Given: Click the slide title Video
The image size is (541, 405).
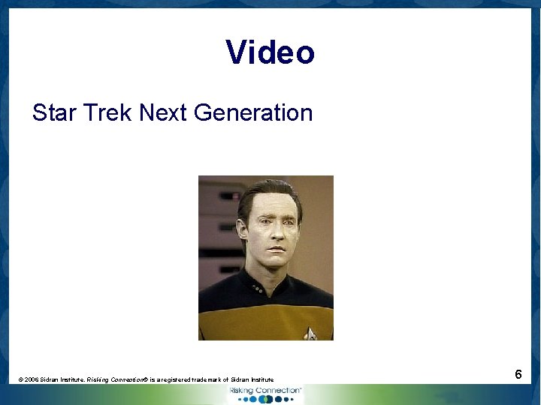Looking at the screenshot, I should point(270,52).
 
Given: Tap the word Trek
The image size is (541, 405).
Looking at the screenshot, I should point(108,113).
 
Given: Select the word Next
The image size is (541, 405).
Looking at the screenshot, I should point(163,113).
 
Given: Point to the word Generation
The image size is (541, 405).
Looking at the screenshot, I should point(252,113).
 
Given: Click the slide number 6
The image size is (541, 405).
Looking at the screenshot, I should point(518,374).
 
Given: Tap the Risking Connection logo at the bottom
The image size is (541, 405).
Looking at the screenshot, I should point(264,394).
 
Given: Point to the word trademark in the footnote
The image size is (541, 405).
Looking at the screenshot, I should point(217,380).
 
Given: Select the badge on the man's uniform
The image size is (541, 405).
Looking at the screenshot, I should point(310,332).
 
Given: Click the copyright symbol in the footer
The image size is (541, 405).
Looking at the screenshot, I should point(21,380).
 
